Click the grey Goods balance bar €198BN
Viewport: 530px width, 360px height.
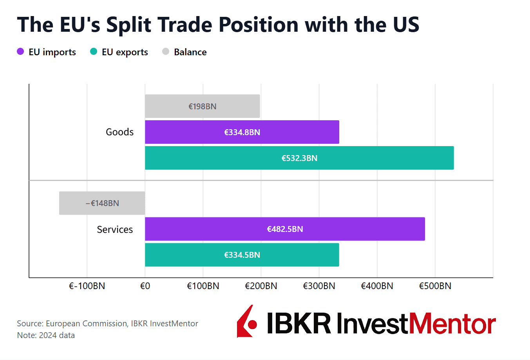[202, 106]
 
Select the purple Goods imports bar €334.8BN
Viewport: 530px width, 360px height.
[242, 132]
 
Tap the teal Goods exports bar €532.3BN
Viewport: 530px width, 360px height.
[299, 158]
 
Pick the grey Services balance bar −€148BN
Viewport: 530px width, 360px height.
[102, 203]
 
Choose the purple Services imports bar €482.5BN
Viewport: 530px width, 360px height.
[285, 229]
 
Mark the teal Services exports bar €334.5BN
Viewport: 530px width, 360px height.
[242, 255]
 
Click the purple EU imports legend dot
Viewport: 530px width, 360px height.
[21, 52]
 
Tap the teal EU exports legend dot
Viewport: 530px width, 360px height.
[94, 52]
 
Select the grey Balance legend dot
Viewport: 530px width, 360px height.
[166, 52]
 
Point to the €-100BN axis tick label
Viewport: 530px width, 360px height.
[87, 286]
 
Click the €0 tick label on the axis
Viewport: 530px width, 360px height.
[145, 286]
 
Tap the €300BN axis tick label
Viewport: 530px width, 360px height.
[319, 286]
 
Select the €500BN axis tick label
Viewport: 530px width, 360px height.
[435, 286]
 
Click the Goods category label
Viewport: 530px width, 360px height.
[119, 132]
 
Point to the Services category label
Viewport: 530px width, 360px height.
[115, 230]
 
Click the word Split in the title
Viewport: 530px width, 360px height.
[128, 25]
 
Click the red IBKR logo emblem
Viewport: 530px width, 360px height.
[247, 322]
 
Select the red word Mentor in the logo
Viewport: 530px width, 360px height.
[452, 324]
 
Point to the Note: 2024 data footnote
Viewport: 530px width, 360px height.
[46, 335]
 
